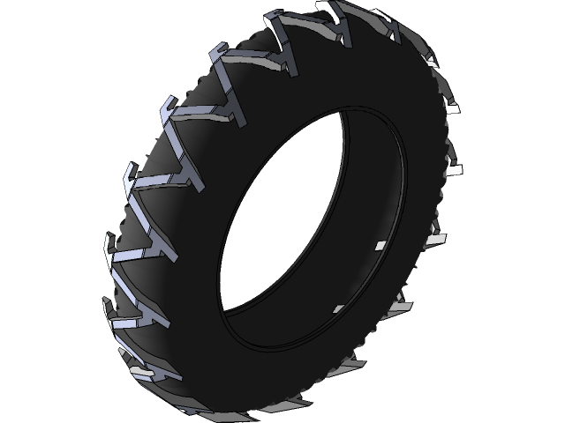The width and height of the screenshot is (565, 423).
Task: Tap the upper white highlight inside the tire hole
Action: coord(381,245)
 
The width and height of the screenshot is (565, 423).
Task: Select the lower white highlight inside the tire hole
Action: coord(337,308)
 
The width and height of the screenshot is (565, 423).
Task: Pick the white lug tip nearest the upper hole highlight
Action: coord(434,238)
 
